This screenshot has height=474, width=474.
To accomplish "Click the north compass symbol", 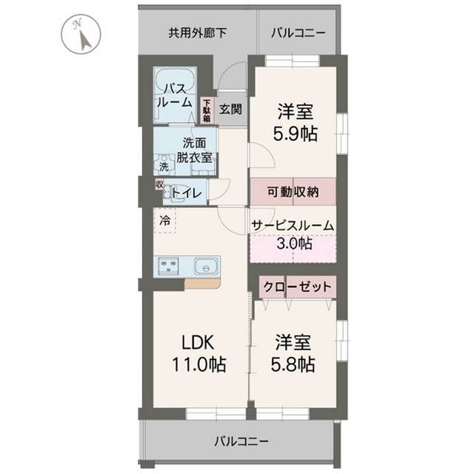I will tap(81, 35).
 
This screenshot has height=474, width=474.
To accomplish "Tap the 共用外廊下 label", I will tap(196, 32).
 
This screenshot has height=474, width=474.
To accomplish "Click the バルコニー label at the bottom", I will tap(242, 441).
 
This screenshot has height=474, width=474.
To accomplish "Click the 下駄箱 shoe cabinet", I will tap(207, 111).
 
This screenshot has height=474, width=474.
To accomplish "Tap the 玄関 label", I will tap(230, 110).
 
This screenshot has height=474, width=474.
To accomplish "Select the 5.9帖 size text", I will tap(296, 134).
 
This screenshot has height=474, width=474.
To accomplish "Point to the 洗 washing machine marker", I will tap(164, 167).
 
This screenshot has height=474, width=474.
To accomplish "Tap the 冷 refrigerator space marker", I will tap(165, 220).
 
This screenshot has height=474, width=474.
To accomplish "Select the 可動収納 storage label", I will tap(293, 191).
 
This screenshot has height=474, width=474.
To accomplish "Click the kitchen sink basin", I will tap(203, 264).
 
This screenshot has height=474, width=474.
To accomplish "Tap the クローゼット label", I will tap(296, 287).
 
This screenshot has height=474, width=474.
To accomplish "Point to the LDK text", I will tap(198, 343).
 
